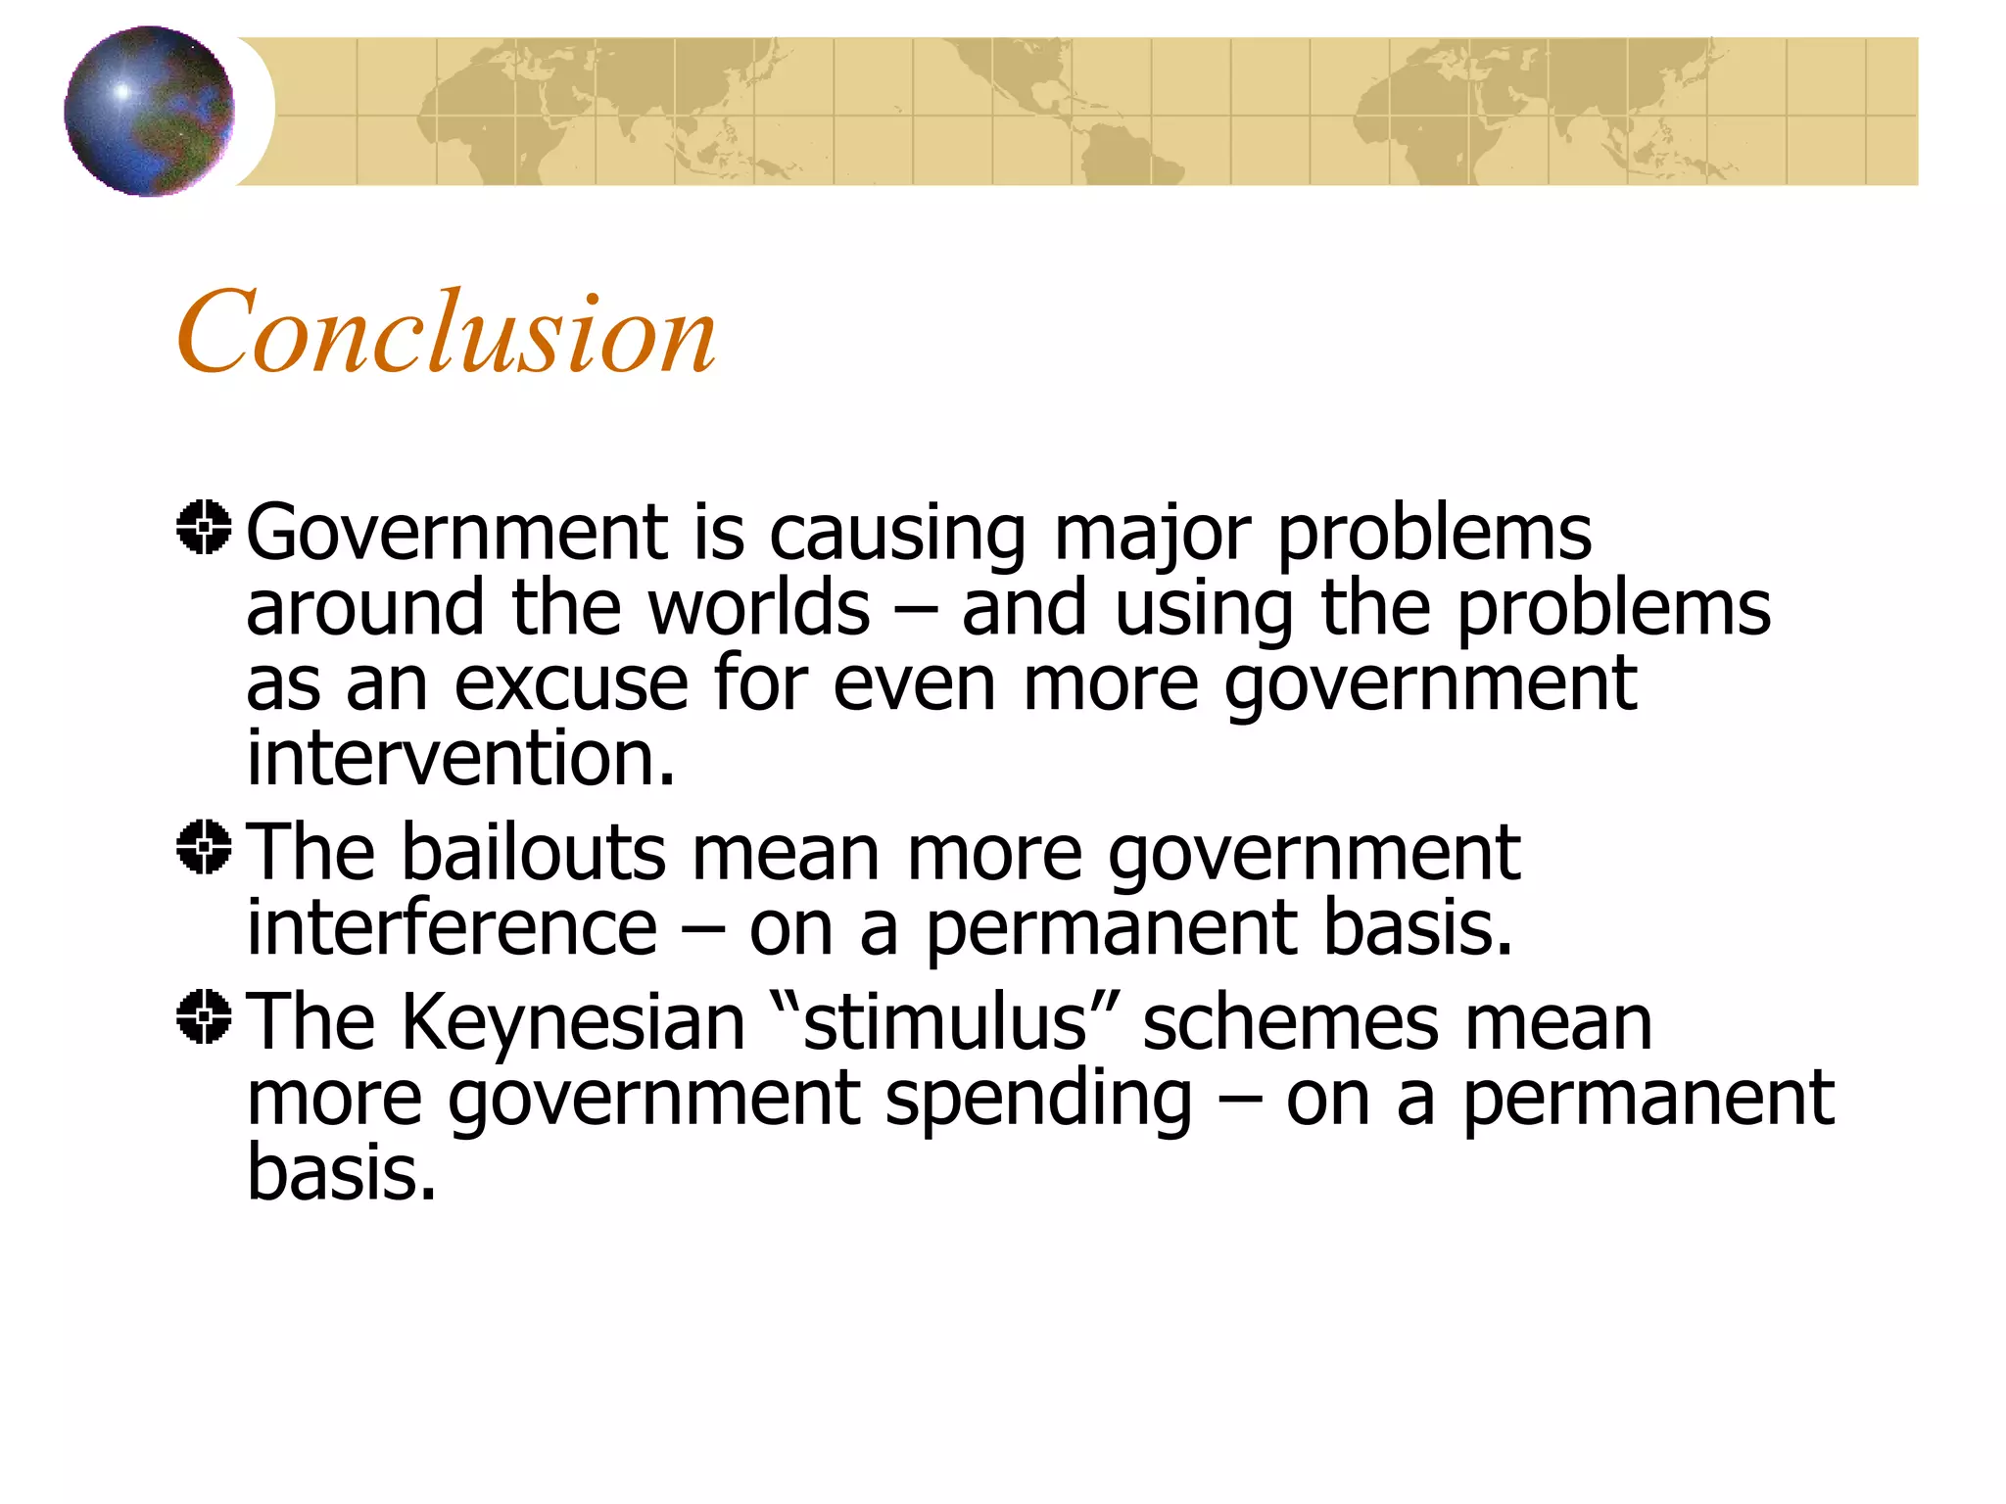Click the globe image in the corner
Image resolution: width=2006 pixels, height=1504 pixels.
tap(149, 111)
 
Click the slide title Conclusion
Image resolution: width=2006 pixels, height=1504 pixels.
tap(447, 333)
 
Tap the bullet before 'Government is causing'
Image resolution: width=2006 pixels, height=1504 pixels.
tap(204, 528)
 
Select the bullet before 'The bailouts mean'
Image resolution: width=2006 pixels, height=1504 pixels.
tap(204, 847)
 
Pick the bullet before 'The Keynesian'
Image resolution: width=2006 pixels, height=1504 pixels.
tap(204, 1016)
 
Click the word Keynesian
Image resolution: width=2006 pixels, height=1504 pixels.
tap(574, 1023)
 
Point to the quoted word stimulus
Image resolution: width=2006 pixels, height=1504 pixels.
tap(944, 1023)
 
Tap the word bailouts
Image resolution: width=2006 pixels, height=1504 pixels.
tap(533, 853)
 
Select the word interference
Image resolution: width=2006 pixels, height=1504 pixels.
tap(452, 927)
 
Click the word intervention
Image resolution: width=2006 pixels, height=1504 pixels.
tap(460, 758)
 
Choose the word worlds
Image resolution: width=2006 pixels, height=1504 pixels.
tap(759, 608)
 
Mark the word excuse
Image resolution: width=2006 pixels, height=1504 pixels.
tap(571, 683)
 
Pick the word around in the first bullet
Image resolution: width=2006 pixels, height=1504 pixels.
tap(364, 608)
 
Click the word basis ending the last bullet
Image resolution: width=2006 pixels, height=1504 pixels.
tap(340, 1173)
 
